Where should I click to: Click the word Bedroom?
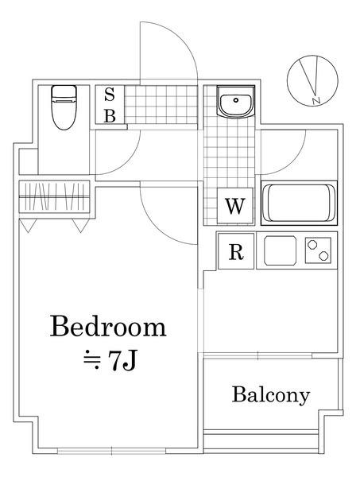[109, 327]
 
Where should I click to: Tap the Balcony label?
[270, 394]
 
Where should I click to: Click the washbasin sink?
[234, 103]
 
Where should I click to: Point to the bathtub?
[299, 203]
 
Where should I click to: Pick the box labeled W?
[234, 207]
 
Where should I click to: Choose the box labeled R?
[235, 252]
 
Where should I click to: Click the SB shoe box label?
[110, 104]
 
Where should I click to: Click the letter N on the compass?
[316, 100]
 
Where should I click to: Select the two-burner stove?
[318, 250]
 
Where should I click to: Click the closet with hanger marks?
[54, 196]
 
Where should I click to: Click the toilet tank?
[62, 93]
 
